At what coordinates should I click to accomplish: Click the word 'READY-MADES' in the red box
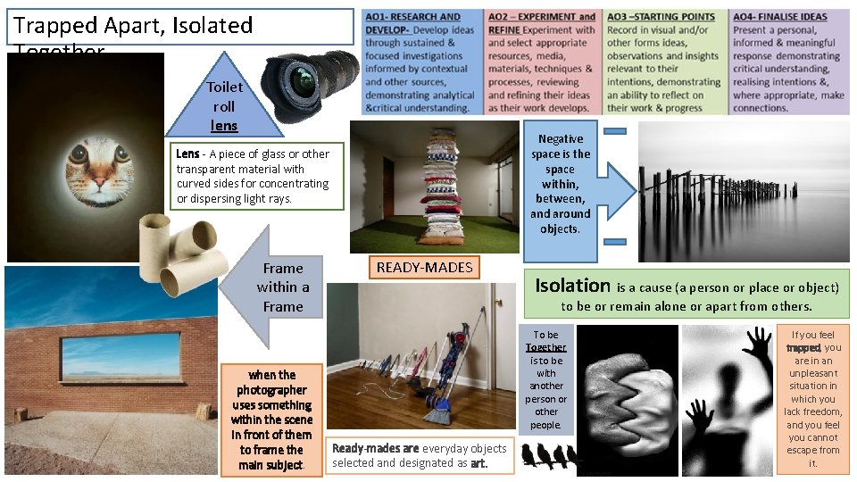[x=424, y=267]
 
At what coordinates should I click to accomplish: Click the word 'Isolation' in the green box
[x=572, y=286]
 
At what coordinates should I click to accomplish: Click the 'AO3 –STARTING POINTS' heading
[x=661, y=16]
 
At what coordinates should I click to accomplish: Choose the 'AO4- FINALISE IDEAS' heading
[x=779, y=16]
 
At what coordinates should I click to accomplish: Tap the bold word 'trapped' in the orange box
[x=803, y=348]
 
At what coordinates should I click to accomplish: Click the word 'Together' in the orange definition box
[x=545, y=347]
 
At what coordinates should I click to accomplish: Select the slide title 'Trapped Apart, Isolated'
[x=133, y=25]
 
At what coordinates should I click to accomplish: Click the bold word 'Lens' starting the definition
[x=187, y=154]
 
